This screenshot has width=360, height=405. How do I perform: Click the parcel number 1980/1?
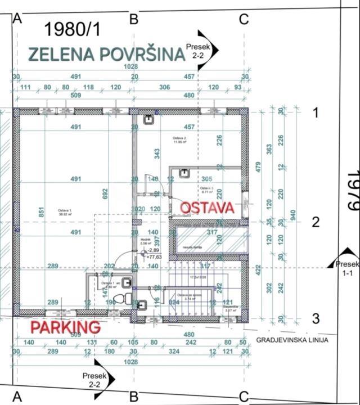pyautogui.click(x=73, y=29)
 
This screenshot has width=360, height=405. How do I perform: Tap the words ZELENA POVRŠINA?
pyautogui.click(x=106, y=55)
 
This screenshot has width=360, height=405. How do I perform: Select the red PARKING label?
pyautogui.click(x=65, y=327)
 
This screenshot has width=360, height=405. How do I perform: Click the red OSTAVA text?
pyautogui.click(x=206, y=208)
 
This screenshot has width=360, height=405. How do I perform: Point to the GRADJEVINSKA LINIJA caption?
pyautogui.click(x=292, y=340)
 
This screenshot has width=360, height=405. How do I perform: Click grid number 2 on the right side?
pyautogui.click(x=316, y=222)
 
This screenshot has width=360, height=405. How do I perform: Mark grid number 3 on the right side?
pyautogui.click(x=316, y=319)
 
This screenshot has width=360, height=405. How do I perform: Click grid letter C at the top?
pyautogui.click(x=243, y=20)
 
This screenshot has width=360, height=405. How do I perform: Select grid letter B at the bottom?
pyautogui.click(x=134, y=397)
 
